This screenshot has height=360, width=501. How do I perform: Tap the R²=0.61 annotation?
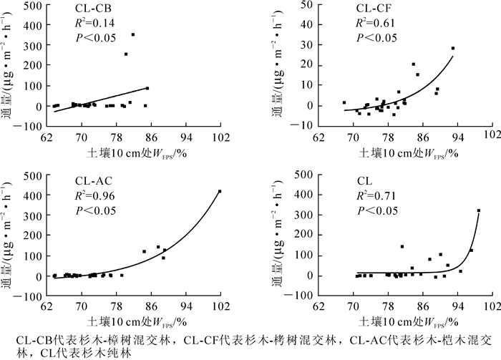pyautogui.click(x=374, y=23)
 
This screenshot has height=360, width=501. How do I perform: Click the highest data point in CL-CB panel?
pyautogui.click(x=132, y=34)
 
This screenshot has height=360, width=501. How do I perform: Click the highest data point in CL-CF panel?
pyautogui.click(x=453, y=48)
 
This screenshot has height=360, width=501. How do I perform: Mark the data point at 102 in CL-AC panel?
pyautogui.click(x=220, y=191)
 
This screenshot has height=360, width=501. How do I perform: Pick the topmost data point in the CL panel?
pyautogui.click(x=478, y=210)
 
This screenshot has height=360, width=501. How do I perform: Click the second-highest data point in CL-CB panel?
pyautogui.click(x=126, y=54)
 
